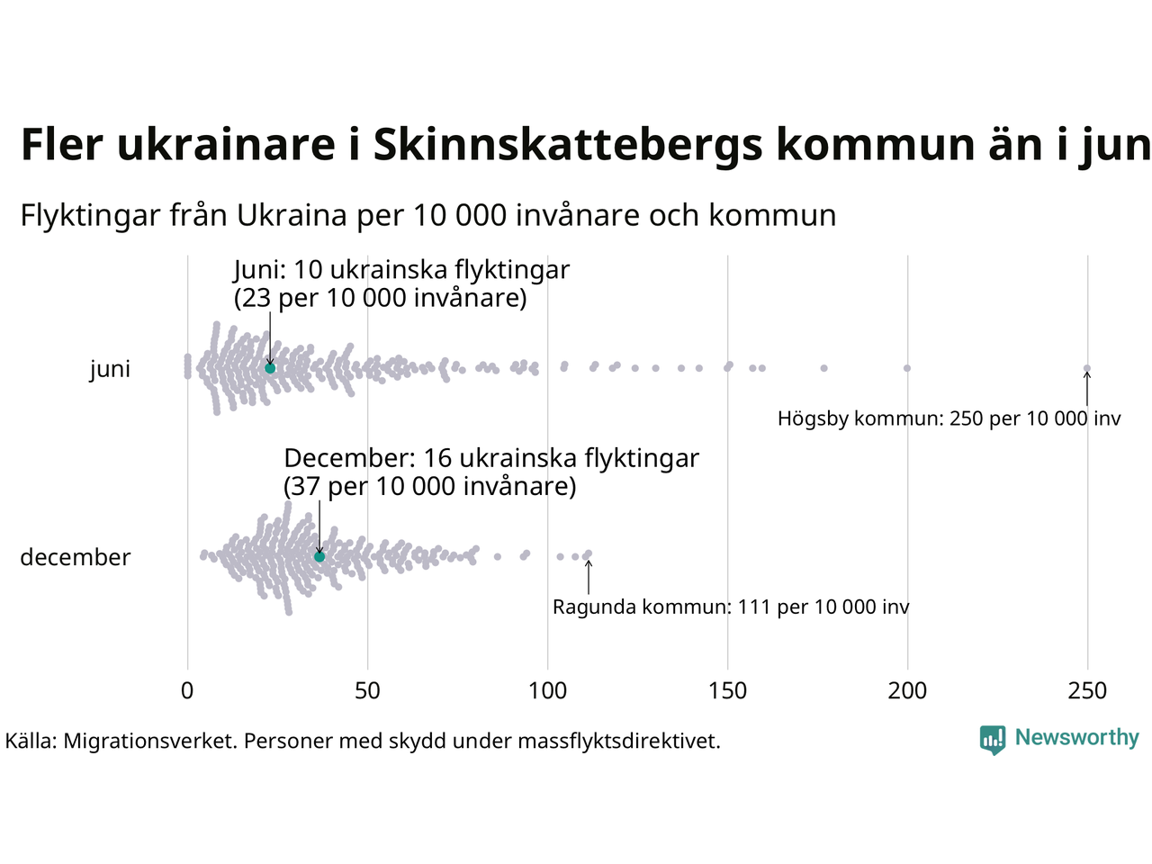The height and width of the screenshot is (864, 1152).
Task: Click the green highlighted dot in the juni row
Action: [x=270, y=368]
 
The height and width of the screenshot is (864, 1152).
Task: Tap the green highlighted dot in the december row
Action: [x=319, y=557]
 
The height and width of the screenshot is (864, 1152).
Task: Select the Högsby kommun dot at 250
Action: [x=1087, y=368]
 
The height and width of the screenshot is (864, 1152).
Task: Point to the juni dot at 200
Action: [x=907, y=368]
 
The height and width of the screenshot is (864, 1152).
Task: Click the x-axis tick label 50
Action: [x=367, y=691]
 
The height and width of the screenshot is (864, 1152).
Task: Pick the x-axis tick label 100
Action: [x=547, y=691]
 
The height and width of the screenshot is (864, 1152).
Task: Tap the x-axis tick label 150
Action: [x=727, y=691]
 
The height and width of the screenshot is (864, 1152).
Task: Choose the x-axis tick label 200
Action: [x=907, y=691]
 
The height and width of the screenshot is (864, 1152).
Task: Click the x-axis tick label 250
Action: [x=1087, y=691]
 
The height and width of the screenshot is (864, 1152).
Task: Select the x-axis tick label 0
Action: [x=187, y=691]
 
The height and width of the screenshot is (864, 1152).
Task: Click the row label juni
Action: [x=110, y=369]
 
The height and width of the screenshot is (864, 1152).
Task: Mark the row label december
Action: [x=76, y=557]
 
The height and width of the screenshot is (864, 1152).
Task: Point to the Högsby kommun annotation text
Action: [x=949, y=418]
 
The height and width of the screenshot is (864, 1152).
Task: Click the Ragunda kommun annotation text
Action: [x=731, y=607]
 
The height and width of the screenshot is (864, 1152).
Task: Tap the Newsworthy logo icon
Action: [x=993, y=740]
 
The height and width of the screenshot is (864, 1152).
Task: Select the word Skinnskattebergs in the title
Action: [x=568, y=145]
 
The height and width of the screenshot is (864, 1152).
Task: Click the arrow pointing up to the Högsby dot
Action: [x=1087, y=389]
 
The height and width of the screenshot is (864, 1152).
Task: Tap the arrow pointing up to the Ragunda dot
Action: [x=589, y=577]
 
